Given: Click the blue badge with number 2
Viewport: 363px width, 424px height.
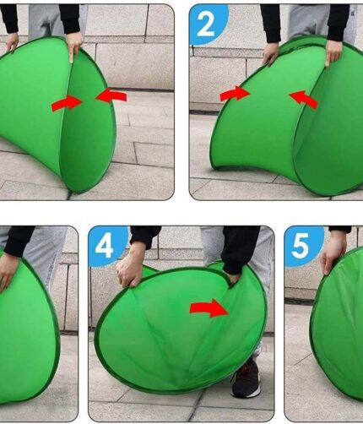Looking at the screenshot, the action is coord(208,24).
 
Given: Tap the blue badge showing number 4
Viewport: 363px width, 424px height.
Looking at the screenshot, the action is coord(106,247).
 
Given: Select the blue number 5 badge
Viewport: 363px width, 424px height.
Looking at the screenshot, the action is coord(303,247).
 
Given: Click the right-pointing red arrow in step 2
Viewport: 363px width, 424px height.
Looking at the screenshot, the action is coord(236,94).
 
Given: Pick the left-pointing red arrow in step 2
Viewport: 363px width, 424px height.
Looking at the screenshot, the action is coord(304,100).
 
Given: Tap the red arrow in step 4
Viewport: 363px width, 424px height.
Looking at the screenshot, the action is coord(209,308).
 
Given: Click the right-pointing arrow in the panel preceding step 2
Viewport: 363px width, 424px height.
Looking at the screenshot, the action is coord(68,103).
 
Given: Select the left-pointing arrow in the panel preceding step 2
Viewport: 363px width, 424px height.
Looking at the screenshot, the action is coord(111,95).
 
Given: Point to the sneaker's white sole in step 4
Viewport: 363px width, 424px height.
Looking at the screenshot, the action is coord(246,394).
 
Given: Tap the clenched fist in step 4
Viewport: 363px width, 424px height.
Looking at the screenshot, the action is coord(130,267).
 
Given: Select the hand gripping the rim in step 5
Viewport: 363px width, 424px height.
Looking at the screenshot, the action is coord(333,255).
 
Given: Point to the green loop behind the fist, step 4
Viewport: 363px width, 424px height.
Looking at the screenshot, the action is coord(149,271).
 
